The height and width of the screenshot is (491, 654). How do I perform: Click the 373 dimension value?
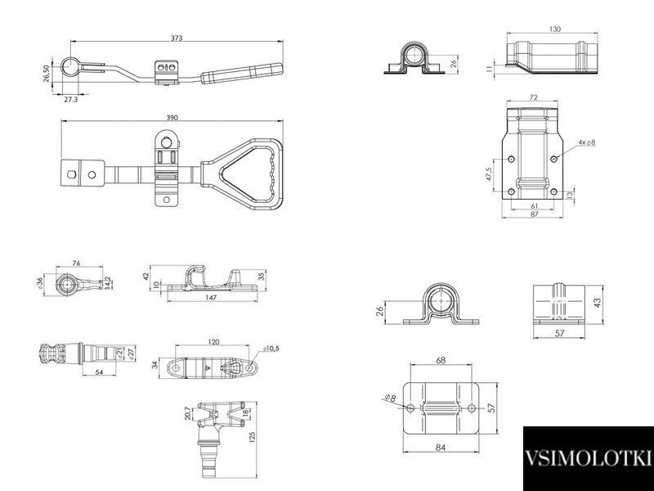[x=177, y=38]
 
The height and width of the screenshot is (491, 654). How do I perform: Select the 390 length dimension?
[x=172, y=117]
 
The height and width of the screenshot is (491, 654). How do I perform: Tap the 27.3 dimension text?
[x=70, y=99]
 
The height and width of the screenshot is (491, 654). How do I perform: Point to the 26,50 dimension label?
[x=47, y=74]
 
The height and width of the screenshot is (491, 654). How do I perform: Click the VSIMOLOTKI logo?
[x=588, y=458]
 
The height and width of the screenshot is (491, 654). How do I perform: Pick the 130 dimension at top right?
[x=555, y=29]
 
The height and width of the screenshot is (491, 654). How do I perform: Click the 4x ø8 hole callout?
[x=587, y=142]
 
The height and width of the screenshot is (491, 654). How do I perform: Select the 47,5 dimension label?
[x=489, y=174]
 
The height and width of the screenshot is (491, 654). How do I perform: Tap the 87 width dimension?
[x=535, y=214]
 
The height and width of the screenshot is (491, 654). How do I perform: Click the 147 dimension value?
[x=212, y=297]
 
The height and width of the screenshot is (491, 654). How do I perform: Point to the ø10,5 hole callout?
[x=271, y=349]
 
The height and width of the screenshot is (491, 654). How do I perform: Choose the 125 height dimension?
[x=252, y=437]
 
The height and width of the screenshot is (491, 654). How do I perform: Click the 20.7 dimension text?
[x=188, y=413]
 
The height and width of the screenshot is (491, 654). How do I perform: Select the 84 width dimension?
[x=441, y=447]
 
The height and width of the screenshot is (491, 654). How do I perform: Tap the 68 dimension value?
[x=441, y=360]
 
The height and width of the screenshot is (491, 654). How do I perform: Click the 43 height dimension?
[x=598, y=302]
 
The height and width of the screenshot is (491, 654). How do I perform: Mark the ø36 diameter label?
[x=39, y=283]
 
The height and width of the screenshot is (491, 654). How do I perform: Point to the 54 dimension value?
[x=99, y=372]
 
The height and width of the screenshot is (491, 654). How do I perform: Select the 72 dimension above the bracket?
[x=534, y=97]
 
